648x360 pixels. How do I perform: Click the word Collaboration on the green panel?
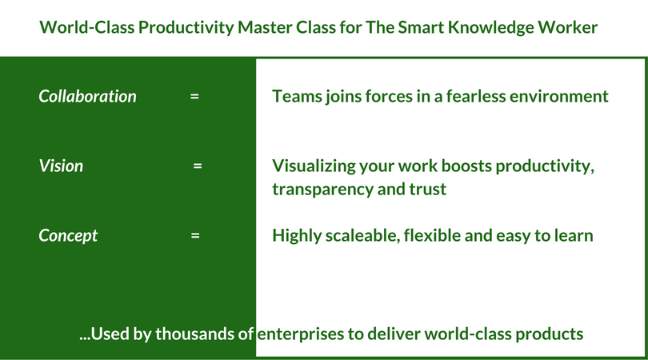[x=87, y=97]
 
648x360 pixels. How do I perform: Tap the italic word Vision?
[x=61, y=166]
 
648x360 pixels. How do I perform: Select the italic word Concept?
[x=68, y=236]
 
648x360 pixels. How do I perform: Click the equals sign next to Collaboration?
[x=194, y=97]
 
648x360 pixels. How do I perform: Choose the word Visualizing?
[x=314, y=166]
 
